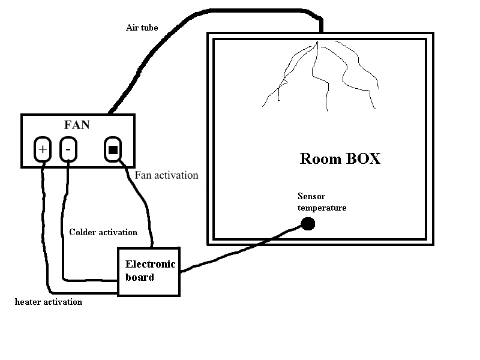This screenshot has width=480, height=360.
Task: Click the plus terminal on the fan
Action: point(43,149)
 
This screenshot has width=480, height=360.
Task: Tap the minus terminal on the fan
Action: point(68,149)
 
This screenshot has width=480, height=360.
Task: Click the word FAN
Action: point(77,125)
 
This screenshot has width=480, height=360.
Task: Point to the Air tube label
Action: point(142,28)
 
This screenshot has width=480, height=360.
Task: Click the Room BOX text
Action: point(340,159)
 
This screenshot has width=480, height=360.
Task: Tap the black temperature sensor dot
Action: point(308,224)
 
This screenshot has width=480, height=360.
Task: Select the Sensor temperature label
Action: point(322,202)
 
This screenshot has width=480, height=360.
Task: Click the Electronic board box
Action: point(148,271)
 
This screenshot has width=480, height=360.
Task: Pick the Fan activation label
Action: point(166,175)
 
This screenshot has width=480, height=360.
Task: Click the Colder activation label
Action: point(103,232)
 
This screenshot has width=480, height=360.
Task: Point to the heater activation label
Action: point(49,302)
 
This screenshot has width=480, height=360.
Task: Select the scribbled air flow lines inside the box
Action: point(318,75)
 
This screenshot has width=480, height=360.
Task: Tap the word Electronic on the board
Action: point(150,264)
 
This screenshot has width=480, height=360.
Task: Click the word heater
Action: point(28,302)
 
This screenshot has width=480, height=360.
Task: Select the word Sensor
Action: point(311,196)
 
